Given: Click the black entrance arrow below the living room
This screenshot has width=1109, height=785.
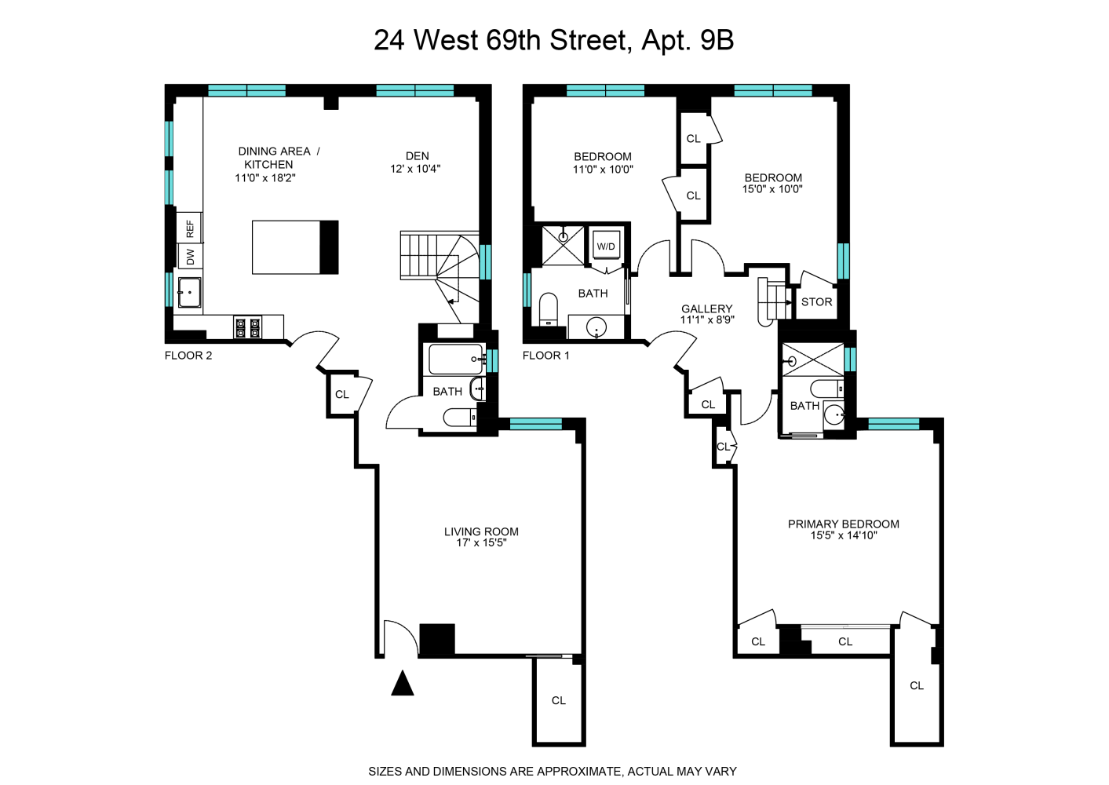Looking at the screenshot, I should [403, 684].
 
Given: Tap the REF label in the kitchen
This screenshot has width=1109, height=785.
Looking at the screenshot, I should [190, 228].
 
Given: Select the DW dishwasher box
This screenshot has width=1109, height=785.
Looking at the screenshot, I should [190, 256].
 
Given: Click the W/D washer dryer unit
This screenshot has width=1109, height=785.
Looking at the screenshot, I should [606, 246].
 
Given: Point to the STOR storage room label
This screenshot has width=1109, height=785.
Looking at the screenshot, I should [816, 301].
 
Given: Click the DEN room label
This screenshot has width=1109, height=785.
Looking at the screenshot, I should [417, 155].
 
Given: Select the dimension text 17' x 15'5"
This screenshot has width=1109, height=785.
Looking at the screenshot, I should [481, 542].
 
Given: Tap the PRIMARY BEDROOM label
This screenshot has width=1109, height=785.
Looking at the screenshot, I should [843, 524].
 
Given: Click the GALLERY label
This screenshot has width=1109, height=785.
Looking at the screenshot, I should [706, 309].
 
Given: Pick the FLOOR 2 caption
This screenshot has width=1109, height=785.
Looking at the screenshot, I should [188, 356].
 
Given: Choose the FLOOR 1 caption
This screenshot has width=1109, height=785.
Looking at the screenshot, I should [546, 356].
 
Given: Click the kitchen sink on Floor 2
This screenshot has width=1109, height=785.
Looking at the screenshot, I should [189, 293].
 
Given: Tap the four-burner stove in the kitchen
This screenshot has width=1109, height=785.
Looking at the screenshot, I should [247, 327].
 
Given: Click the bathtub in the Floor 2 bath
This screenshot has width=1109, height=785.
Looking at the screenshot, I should [456, 360].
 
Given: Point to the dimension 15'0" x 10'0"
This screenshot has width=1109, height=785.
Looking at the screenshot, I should [772, 189].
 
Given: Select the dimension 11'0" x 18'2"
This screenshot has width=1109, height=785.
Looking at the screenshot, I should [265, 178].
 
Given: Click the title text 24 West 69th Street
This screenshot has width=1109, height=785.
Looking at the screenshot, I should [502, 40].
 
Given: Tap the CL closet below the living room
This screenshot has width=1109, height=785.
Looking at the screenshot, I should [559, 700].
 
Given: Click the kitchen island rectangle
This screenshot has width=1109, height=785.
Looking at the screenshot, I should [286, 247].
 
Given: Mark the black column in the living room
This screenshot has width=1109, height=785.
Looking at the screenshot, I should [437, 639].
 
